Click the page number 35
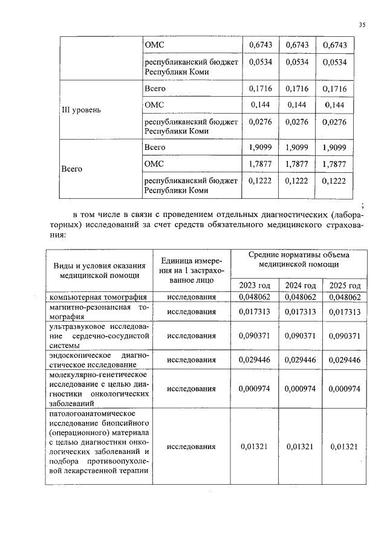point(362,25)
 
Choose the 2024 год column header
point(301,285)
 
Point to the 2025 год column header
point(345,285)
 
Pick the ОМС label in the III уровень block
point(154,105)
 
